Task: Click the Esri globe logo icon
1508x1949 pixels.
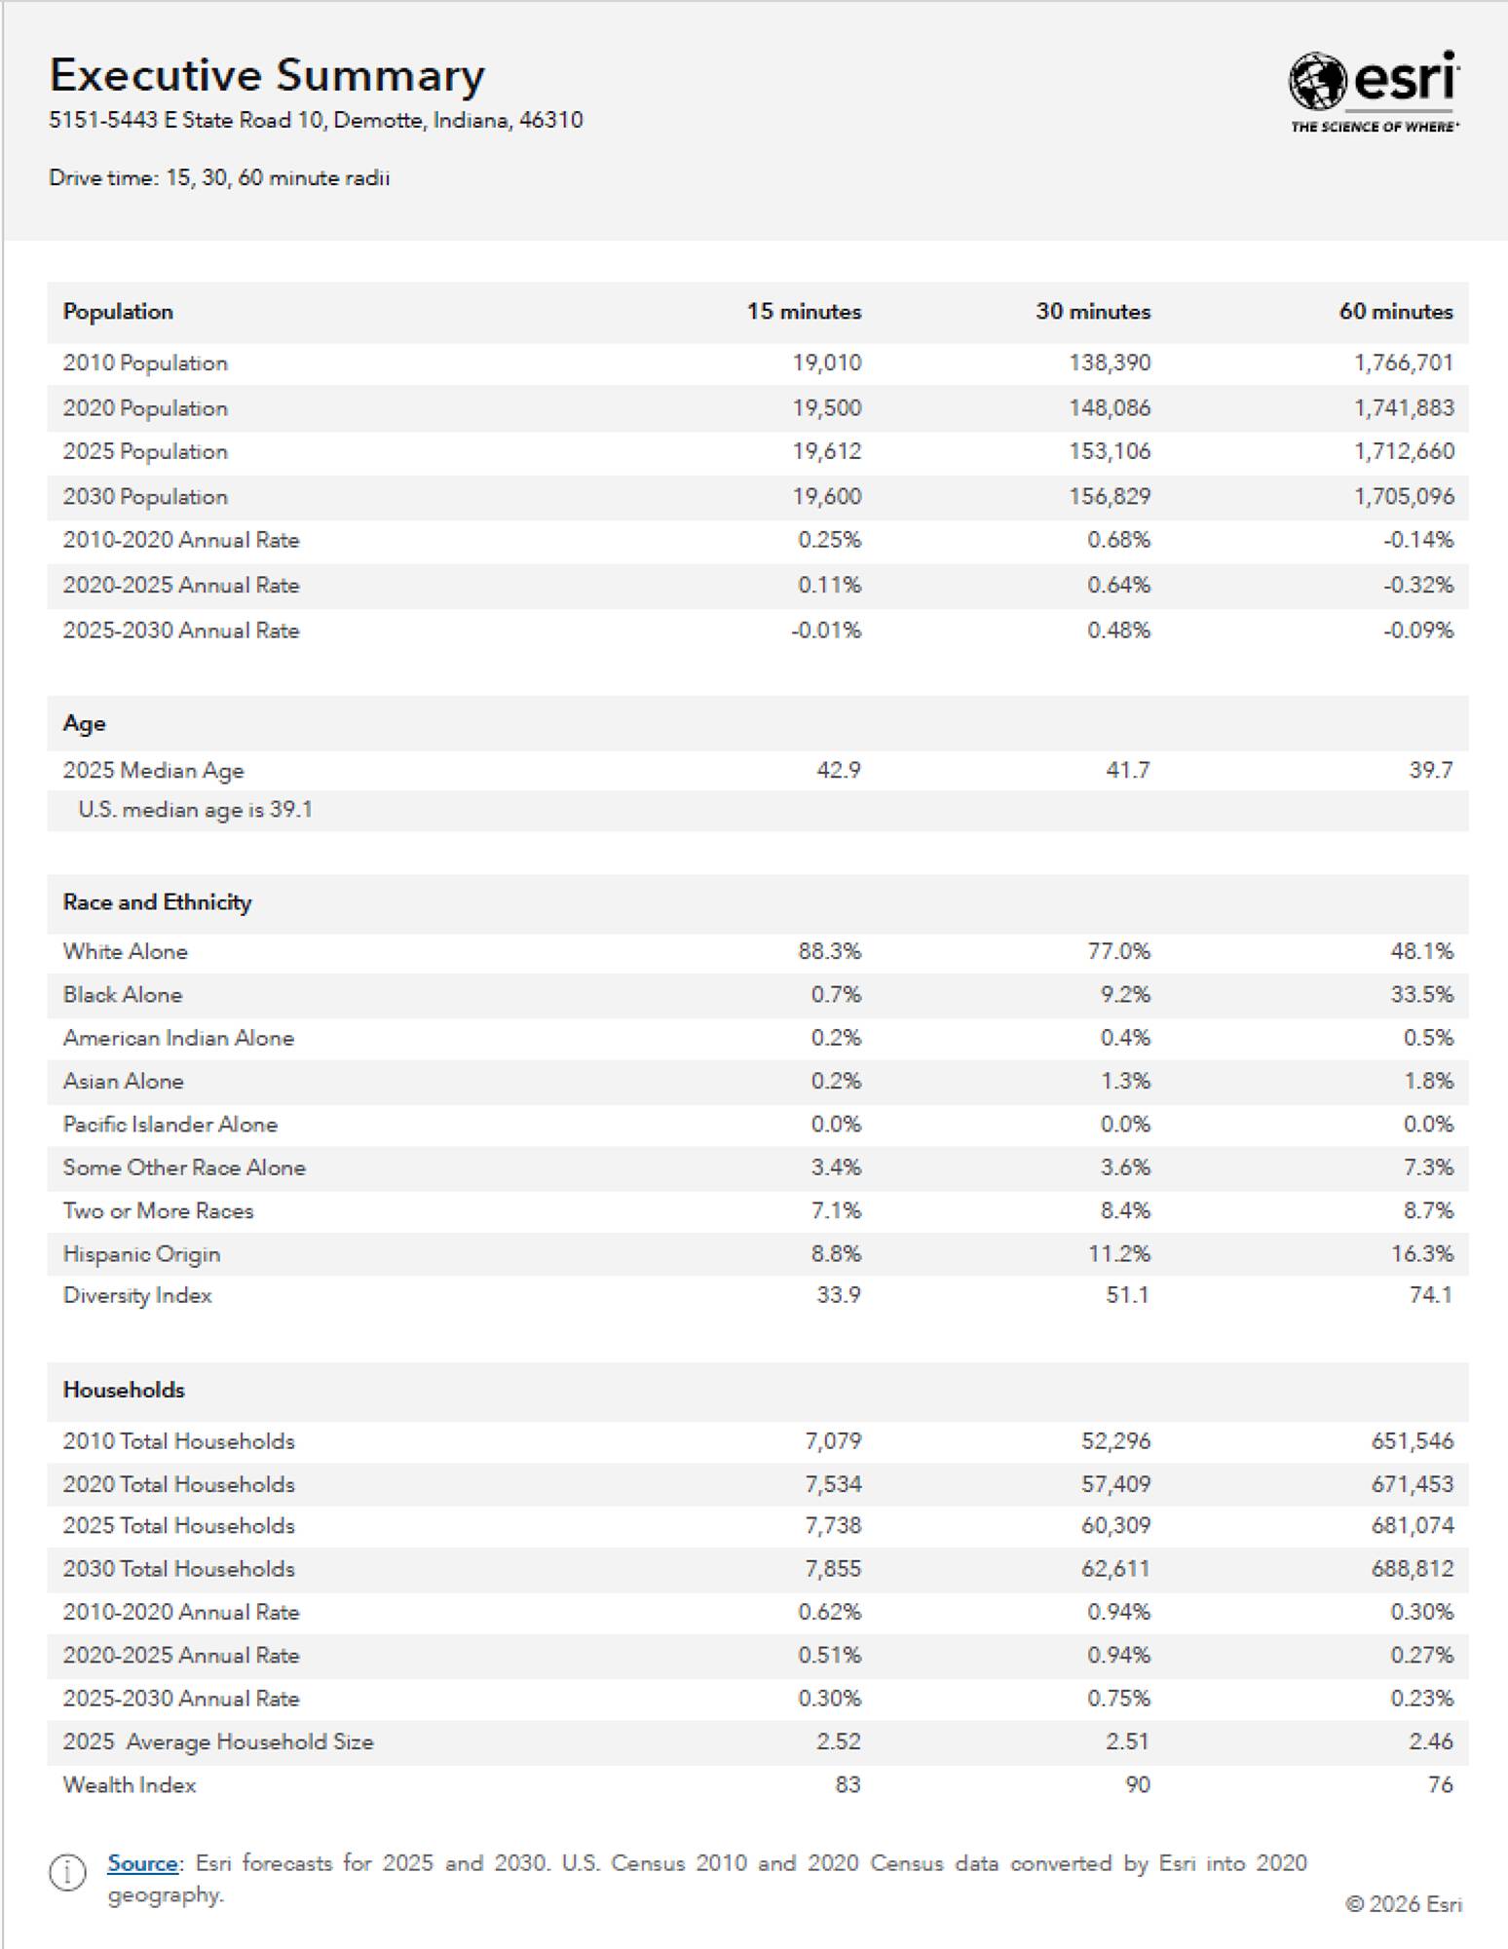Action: [1317, 81]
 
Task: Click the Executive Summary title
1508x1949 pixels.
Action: [267, 76]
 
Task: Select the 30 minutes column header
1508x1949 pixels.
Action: [1092, 312]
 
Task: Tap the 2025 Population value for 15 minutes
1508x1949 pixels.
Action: [826, 452]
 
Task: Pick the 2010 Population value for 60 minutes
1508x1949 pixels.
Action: [1403, 363]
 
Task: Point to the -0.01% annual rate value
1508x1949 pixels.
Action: [826, 631]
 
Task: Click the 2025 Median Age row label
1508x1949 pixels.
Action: [153, 771]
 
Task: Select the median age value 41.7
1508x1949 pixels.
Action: [1127, 771]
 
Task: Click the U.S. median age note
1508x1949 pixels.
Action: [195, 810]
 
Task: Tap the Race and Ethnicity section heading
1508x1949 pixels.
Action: [157, 902]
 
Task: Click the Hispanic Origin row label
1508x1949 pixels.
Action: [141, 1254]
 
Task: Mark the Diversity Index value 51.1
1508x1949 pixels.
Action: [1127, 1296]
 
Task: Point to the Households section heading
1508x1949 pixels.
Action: [124, 1390]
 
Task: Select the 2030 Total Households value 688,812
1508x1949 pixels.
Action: [1412, 1569]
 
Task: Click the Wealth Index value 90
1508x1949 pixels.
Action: [1137, 1785]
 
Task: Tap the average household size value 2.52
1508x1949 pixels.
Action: [838, 1742]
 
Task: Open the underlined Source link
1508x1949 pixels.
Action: [142, 1863]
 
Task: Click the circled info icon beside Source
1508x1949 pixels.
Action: [67, 1873]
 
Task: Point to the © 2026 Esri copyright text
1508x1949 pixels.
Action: [1403, 1904]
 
